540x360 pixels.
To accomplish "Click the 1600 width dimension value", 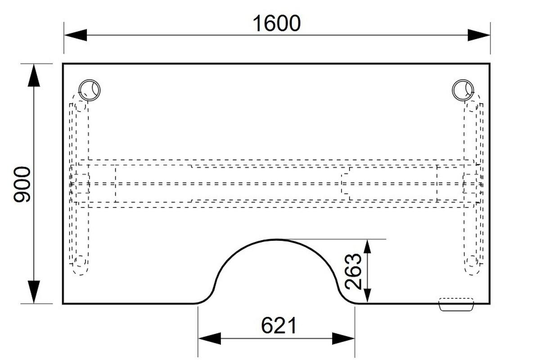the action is tap(276, 23).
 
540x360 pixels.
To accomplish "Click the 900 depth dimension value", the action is tap(22, 184).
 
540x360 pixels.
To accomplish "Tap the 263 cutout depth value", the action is tap(353, 271).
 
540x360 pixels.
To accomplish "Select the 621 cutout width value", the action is tap(279, 325).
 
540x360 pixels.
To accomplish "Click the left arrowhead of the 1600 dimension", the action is tap(76, 35).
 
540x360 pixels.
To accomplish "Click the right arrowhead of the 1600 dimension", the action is tap(479, 35).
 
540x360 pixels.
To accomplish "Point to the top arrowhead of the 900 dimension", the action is tap(34, 76).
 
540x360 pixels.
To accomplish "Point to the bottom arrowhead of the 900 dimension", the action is tap(34, 292).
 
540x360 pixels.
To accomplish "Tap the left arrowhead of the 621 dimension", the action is tap(210, 338).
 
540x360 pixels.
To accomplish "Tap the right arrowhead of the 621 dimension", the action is tap(343, 338).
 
